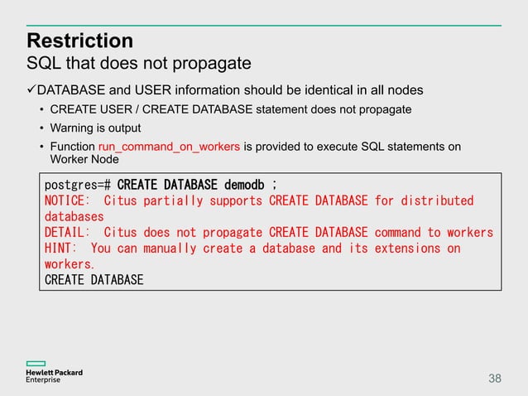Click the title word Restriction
pos(79,41)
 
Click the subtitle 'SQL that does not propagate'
pos(139,63)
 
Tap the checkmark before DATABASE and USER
pos(31,89)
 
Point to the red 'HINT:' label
pos(61,249)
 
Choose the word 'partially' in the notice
pos(178,200)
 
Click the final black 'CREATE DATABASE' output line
pos(94,280)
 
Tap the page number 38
pos(494,379)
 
